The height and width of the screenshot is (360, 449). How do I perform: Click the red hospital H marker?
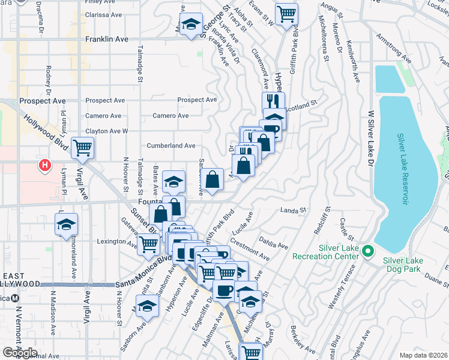43,165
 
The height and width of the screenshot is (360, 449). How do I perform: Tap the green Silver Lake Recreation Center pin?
369,251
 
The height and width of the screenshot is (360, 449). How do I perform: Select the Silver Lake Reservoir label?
402,170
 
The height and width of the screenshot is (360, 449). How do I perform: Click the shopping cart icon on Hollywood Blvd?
82,147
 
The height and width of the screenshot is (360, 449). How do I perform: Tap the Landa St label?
294,210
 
